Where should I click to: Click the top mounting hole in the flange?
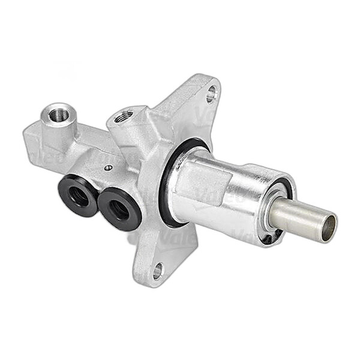pyautogui.click(x=211, y=94)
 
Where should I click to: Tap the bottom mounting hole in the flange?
pyautogui.click(x=158, y=271)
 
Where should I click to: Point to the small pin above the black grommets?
pyautogui.click(x=107, y=168)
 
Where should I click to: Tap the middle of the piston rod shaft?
pyautogui.click(x=300, y=218)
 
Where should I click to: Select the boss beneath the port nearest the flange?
pyautogui.click(x=127, y=135)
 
